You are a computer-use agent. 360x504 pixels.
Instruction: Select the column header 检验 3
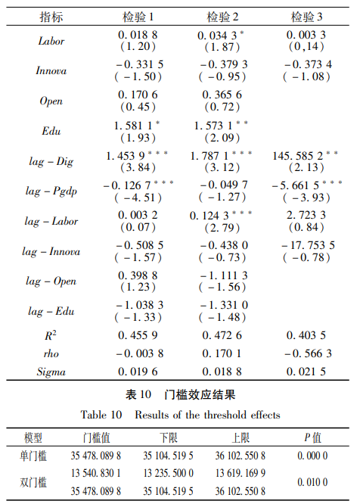pos(306,17)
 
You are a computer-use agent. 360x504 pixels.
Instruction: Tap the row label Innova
pos(51,71)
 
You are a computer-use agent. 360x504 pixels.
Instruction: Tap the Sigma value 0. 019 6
pos(138,371)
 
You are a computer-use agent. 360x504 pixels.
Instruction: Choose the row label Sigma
pos(51,371)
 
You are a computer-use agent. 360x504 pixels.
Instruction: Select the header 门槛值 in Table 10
pos(96,438)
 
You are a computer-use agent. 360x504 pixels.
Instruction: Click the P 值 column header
pos(312,438)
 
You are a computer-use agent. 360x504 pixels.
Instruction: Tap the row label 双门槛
pos(34,482)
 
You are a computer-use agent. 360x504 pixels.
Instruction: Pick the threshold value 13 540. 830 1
pos(96,473)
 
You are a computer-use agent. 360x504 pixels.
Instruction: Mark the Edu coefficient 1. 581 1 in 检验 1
pos(136,125)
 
